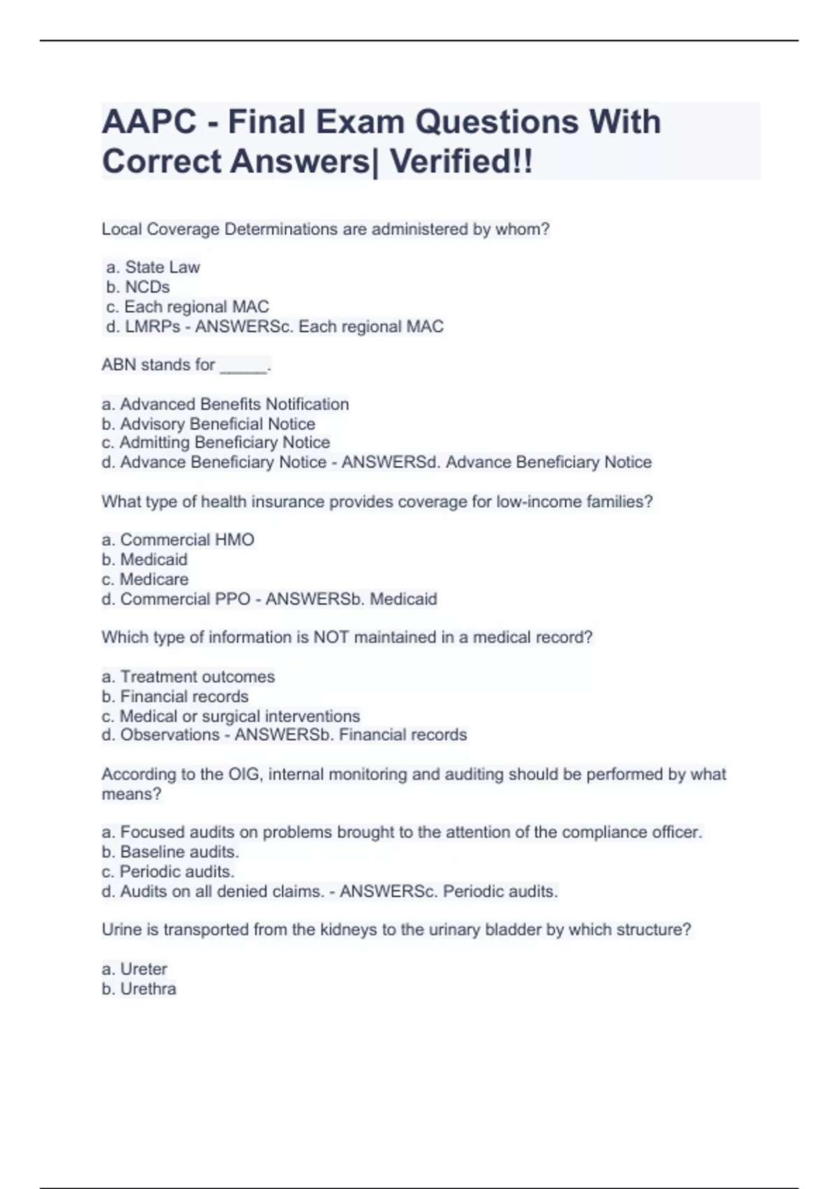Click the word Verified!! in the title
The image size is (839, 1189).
pos(461,162)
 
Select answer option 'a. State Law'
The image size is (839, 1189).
pos(153,267)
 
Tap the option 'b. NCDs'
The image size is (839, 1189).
pos(138,287)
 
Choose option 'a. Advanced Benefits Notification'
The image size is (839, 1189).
pos(225,404)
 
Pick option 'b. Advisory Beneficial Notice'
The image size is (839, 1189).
pos(208,424)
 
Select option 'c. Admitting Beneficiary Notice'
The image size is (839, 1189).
pos(215,443)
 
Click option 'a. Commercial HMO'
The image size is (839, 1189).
pos(178,540)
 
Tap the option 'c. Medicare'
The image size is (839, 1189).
pos(145,579)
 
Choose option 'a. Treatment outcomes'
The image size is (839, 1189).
pos(188,676)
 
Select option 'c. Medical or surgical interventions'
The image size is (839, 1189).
pos(231,716)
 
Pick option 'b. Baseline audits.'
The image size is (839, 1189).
pos(170,852)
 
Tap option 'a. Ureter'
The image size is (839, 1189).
pos(134,969)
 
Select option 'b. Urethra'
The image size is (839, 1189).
pos(138,989)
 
